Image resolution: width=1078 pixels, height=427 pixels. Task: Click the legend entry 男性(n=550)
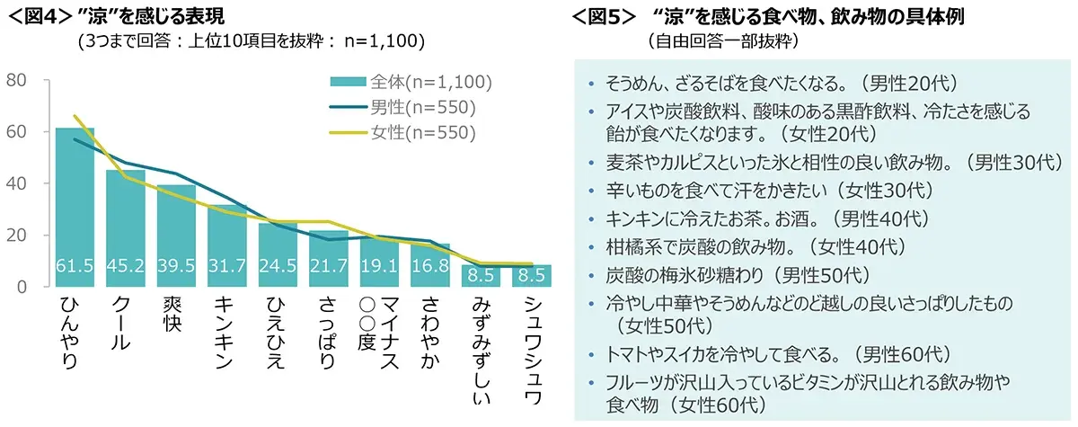pyautogui.click(x=422, y=108)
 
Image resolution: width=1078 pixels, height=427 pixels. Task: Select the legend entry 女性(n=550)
pyautogui.click(x=422, y=133)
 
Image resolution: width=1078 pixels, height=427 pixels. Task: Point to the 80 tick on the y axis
pyautogui.click(x=17, y=81)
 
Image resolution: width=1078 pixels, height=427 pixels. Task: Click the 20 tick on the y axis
pyautogui.click(x=17, y=236)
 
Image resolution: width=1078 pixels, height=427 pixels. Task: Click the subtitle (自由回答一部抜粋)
pyautogui.click(x=721, y=41)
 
